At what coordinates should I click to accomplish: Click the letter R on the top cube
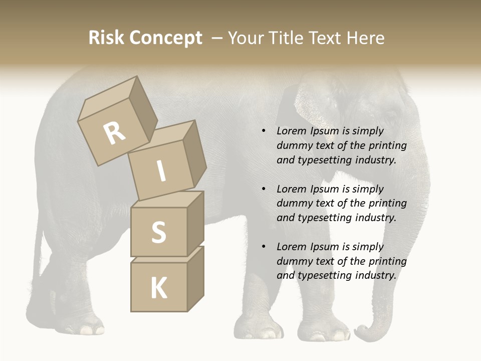pyautogui.click(x=115, y=133)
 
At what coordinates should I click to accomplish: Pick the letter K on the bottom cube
pyautogui.click(x=158, y=288)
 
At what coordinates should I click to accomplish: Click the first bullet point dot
pyautogui.click(x=264, y=131)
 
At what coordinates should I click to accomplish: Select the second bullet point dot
pyautogui.click(x=264, y=189)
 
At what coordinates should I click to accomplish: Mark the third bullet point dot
pyautogui.click(x=264, y=247)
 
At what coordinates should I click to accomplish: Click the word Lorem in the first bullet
pyautogui.click(x=291, y=131)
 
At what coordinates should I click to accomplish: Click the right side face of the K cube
pyautogui.click(x=195, y=278)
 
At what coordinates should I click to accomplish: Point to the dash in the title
pyautogui.click(x=217, y=38)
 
